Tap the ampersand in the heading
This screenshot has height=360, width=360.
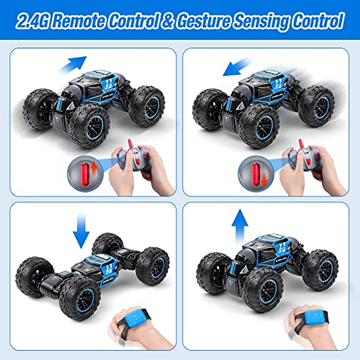167,21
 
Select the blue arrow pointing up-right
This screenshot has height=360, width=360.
73,64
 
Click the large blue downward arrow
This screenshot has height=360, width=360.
81,229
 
